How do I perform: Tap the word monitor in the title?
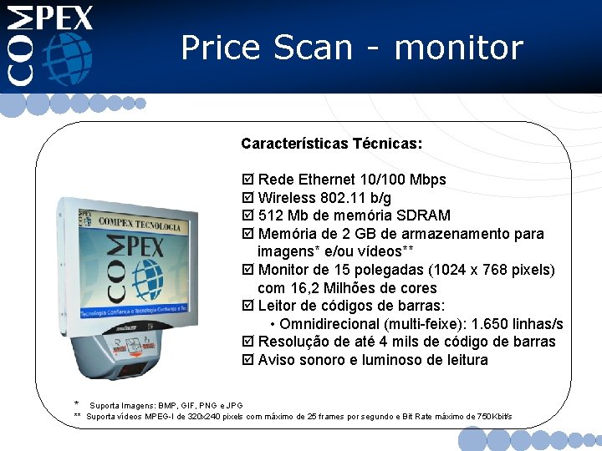[x=458, y=48]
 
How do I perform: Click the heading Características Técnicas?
[x=331, y=144]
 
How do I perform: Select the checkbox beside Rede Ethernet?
[x=247, y=180]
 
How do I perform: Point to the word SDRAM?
[x=419, y=215]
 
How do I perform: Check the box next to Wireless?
[x=247, y=199]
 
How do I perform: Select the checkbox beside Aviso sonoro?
[x=247, y=361]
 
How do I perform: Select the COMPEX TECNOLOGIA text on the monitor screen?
[x=139, y=226]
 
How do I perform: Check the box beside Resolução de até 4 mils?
[x=247, y=342]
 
